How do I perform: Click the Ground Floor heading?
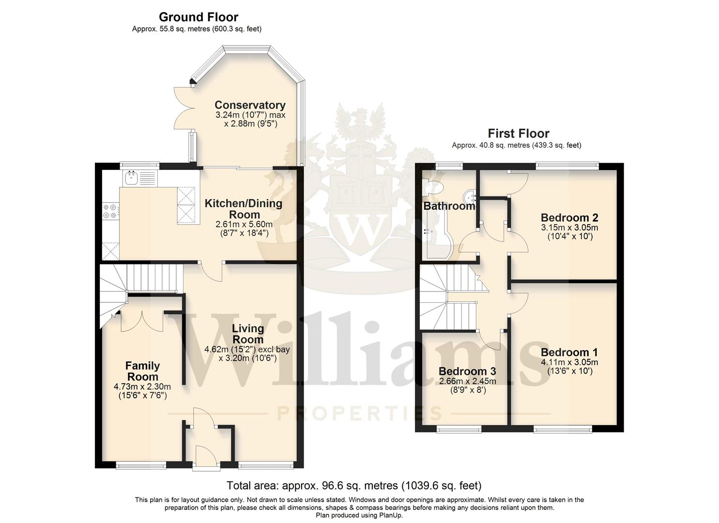199,17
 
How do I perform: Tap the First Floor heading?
519,133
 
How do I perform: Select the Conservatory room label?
250,105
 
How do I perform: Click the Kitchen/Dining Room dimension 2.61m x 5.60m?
244,224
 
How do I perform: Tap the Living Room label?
248,334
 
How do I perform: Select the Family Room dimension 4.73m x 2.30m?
142,386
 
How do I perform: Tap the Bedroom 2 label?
569,217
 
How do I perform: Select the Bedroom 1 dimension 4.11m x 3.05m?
569,362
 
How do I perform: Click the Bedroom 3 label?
467,371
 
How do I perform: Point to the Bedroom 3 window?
459,429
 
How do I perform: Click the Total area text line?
354,485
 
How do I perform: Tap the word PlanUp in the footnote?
391,515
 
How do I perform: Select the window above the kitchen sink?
139,166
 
